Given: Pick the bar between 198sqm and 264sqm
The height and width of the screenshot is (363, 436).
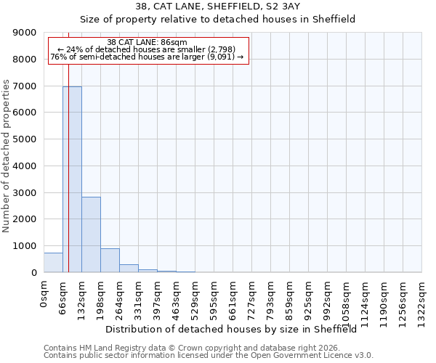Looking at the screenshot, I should click(110, 261).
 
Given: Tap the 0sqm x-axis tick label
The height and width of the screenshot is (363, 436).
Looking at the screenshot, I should click(44, 295).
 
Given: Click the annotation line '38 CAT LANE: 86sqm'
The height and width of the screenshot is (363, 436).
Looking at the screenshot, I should click(147, 42).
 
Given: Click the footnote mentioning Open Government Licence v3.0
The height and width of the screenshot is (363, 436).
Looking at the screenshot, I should click(209, 356).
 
